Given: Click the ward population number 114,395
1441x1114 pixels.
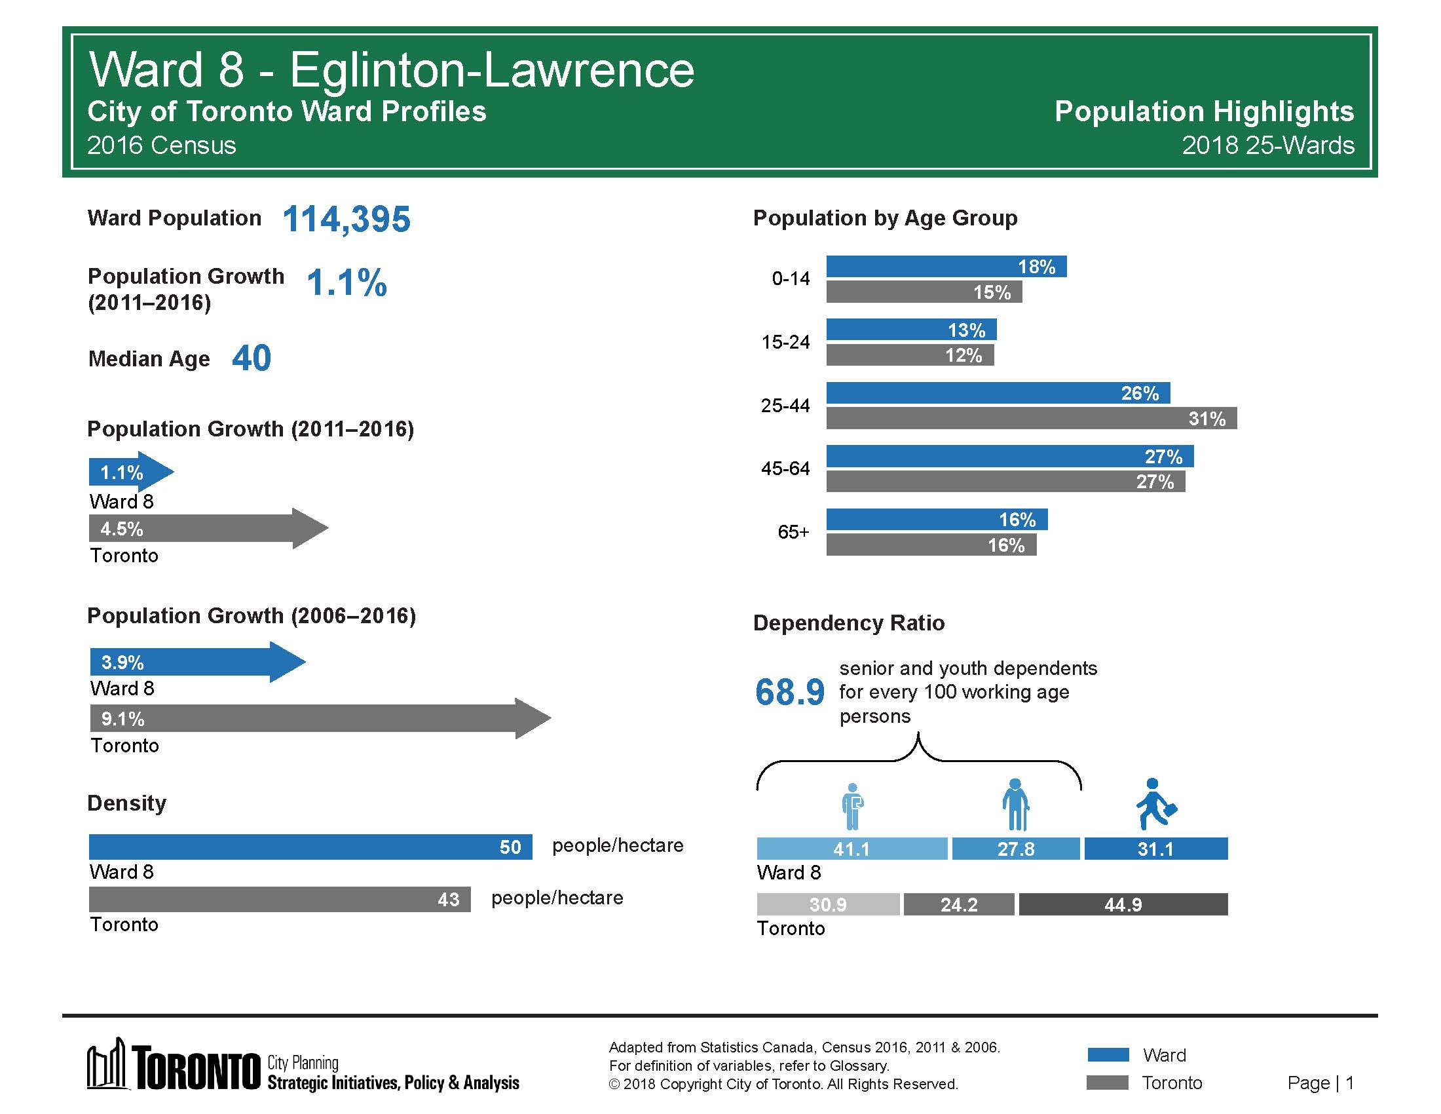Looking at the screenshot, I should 346,219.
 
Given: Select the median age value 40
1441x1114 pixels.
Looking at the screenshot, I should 252,358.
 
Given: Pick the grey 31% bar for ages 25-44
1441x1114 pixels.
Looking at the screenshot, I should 1030,419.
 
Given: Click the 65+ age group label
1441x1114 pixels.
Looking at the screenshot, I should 793,532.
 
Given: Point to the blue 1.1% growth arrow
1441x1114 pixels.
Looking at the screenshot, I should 130,472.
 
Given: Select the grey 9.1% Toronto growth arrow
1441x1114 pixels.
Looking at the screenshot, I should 320,718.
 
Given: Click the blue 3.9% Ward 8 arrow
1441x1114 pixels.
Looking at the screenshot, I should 196,662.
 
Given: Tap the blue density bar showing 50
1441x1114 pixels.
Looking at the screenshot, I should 310,847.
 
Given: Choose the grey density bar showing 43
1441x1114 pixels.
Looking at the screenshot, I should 280,899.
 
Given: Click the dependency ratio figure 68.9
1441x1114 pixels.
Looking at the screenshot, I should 790,692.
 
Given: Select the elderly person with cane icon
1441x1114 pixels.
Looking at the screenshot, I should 1015,805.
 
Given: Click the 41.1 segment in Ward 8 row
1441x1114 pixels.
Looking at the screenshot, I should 851,849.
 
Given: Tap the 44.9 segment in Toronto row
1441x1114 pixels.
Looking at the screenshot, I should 1123,904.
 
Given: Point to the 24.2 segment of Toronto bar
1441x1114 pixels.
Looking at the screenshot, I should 958,904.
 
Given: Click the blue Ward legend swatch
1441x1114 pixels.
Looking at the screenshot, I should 1108,1054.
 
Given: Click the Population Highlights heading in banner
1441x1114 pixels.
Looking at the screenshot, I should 1203,111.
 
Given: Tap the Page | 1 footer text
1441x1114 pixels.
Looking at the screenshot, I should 1320,1083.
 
